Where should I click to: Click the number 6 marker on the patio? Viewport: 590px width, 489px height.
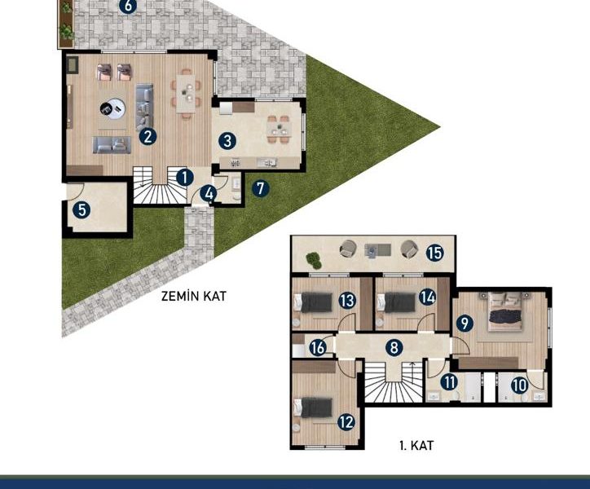point(128,6)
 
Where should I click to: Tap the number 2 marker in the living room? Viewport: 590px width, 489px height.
point(147,136)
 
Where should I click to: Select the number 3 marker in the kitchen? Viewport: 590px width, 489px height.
point(227,141)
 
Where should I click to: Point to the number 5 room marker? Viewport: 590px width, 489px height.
point(81,209)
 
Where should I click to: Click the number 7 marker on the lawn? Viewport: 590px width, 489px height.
point(261,187)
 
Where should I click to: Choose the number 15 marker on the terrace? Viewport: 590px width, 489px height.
point(435,253)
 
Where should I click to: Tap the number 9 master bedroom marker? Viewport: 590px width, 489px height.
point(465,323)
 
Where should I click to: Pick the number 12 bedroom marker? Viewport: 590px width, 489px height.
point(346,422)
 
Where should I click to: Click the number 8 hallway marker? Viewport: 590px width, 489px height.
point(394,347)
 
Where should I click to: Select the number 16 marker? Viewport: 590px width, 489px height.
point(318,347)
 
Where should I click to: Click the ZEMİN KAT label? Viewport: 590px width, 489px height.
point(194,296)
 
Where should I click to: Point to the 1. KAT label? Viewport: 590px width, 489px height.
point(416,446)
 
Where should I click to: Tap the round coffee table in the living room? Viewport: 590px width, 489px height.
point(112,108)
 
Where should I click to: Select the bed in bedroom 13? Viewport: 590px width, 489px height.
point(314,302)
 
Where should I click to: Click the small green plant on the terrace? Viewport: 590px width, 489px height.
point(314,260)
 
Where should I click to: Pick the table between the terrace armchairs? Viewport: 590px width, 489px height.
point(378,251)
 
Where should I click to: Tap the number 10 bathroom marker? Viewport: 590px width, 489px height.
point(520,385)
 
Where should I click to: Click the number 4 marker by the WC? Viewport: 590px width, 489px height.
point(208,194)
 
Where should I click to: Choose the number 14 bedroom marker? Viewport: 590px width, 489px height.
point(428,297)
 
